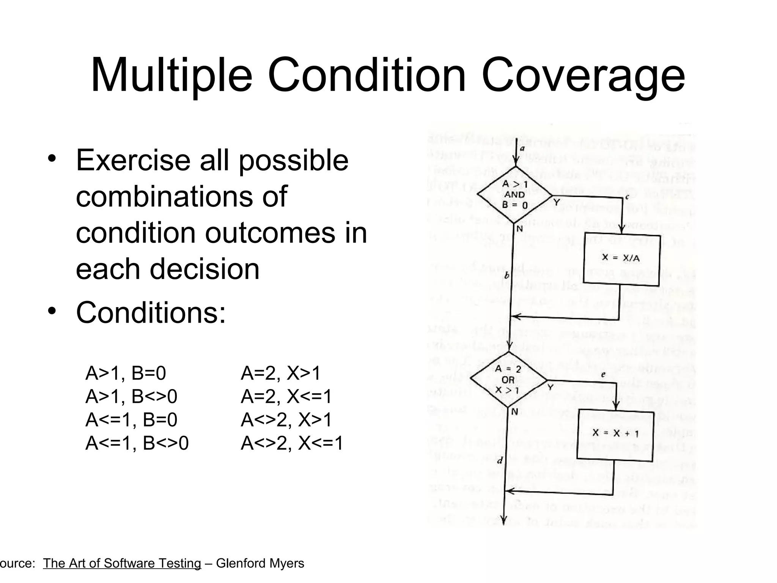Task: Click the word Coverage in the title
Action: coord(584,76)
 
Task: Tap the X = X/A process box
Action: coord(621,258)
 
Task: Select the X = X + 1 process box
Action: coord(615,433)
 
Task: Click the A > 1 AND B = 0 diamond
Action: coord(514,195)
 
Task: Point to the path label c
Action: coord(627,197)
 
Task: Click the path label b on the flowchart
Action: coord(506,275)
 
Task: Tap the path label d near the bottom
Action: coord(500,461)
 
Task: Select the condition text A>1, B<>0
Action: coord(131,397)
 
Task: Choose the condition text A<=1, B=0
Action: coord(131,420)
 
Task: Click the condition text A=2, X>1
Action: coord(280,373)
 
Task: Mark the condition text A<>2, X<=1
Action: coord(291,443)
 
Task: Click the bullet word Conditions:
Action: coord(151,313)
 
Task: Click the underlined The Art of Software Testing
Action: coord(122,563)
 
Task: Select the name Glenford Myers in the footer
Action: coord(260,563)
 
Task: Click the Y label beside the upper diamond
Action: coord(557,202)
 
